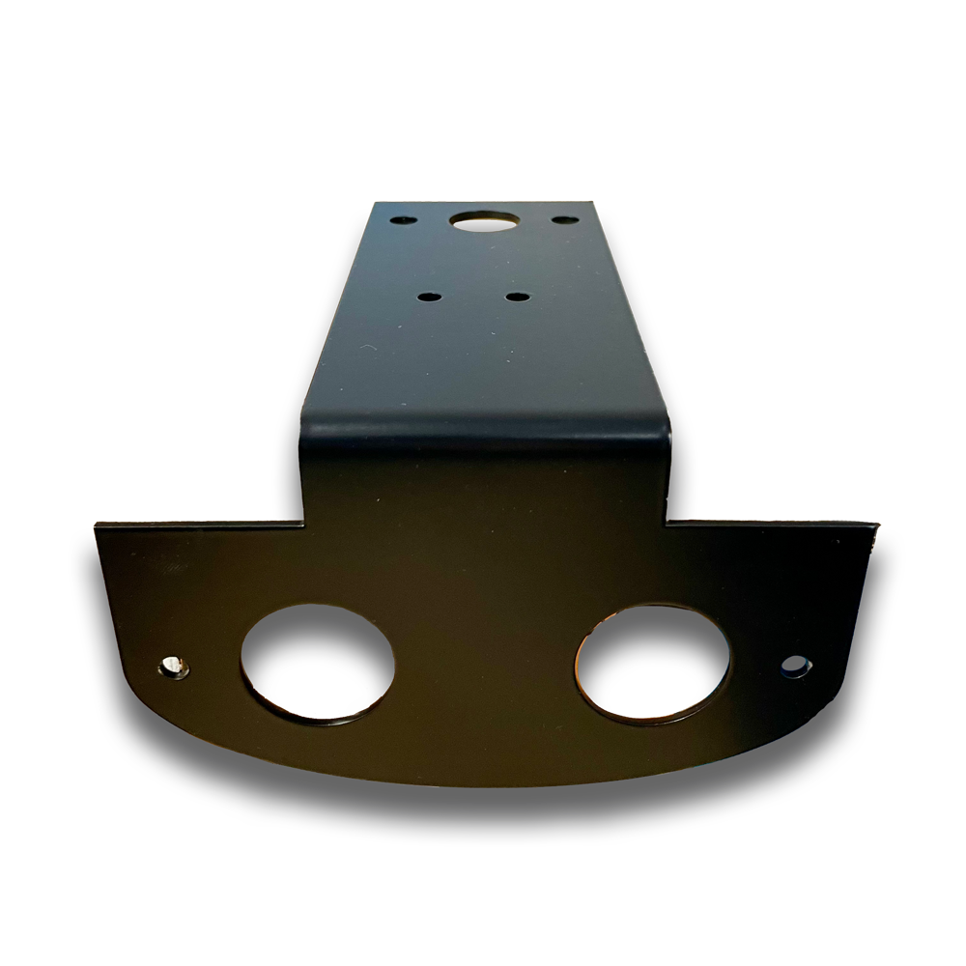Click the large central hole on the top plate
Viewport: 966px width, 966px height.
click(485, 221)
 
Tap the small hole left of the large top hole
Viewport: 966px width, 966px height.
click(404, 220)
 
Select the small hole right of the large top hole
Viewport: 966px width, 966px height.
click(565, 220)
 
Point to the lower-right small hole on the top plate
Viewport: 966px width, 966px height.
click(518, 297)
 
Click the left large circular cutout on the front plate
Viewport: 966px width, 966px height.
click(317, 664)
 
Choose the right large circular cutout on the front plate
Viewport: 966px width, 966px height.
click(653, 664)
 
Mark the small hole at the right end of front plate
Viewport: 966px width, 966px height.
click(796, 666)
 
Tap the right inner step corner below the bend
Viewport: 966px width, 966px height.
click(667, 523)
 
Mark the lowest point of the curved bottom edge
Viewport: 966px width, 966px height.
click(483, 784)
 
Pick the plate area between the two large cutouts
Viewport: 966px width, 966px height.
click(485, 667)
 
